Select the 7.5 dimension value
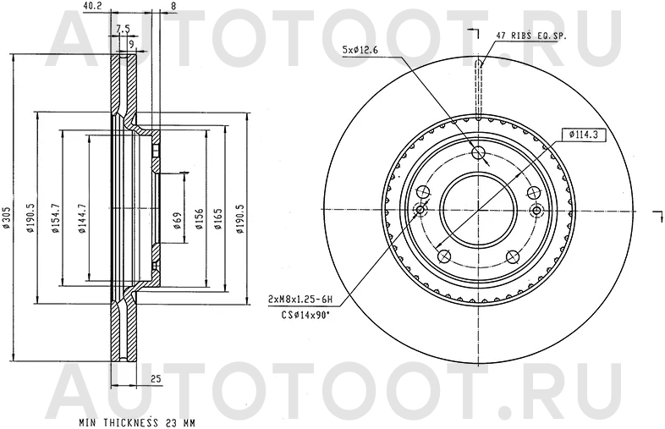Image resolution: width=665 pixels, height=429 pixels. [x=123, y=29]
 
